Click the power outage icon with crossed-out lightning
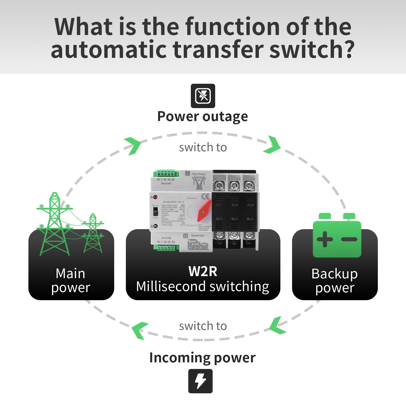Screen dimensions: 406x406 click(x=203, y=96)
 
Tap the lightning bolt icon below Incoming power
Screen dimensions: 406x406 click(x=200, y=381)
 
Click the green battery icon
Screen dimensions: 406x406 click(x=337, y=236)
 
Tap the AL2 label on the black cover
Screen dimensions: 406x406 click(x=234, y=205)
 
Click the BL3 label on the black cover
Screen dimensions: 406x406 click(x=250, y=219)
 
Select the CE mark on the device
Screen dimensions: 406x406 click(x=206, y=196)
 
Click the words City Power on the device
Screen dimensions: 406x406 click(x=199, y=174)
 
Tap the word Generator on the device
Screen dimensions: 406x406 click(x=198, y=235)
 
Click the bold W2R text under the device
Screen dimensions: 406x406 click(x=203, y=271)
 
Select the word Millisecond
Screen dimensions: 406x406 click(x=171, y=286)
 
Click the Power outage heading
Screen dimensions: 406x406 click(x=202, y=117)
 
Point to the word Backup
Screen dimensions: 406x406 click(x=334, y=274)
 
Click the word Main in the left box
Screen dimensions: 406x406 click(x=70, y=274)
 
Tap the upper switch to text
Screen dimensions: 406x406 click(x=203, y=147)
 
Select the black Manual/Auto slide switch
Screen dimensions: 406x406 click(x=155, y=211)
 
